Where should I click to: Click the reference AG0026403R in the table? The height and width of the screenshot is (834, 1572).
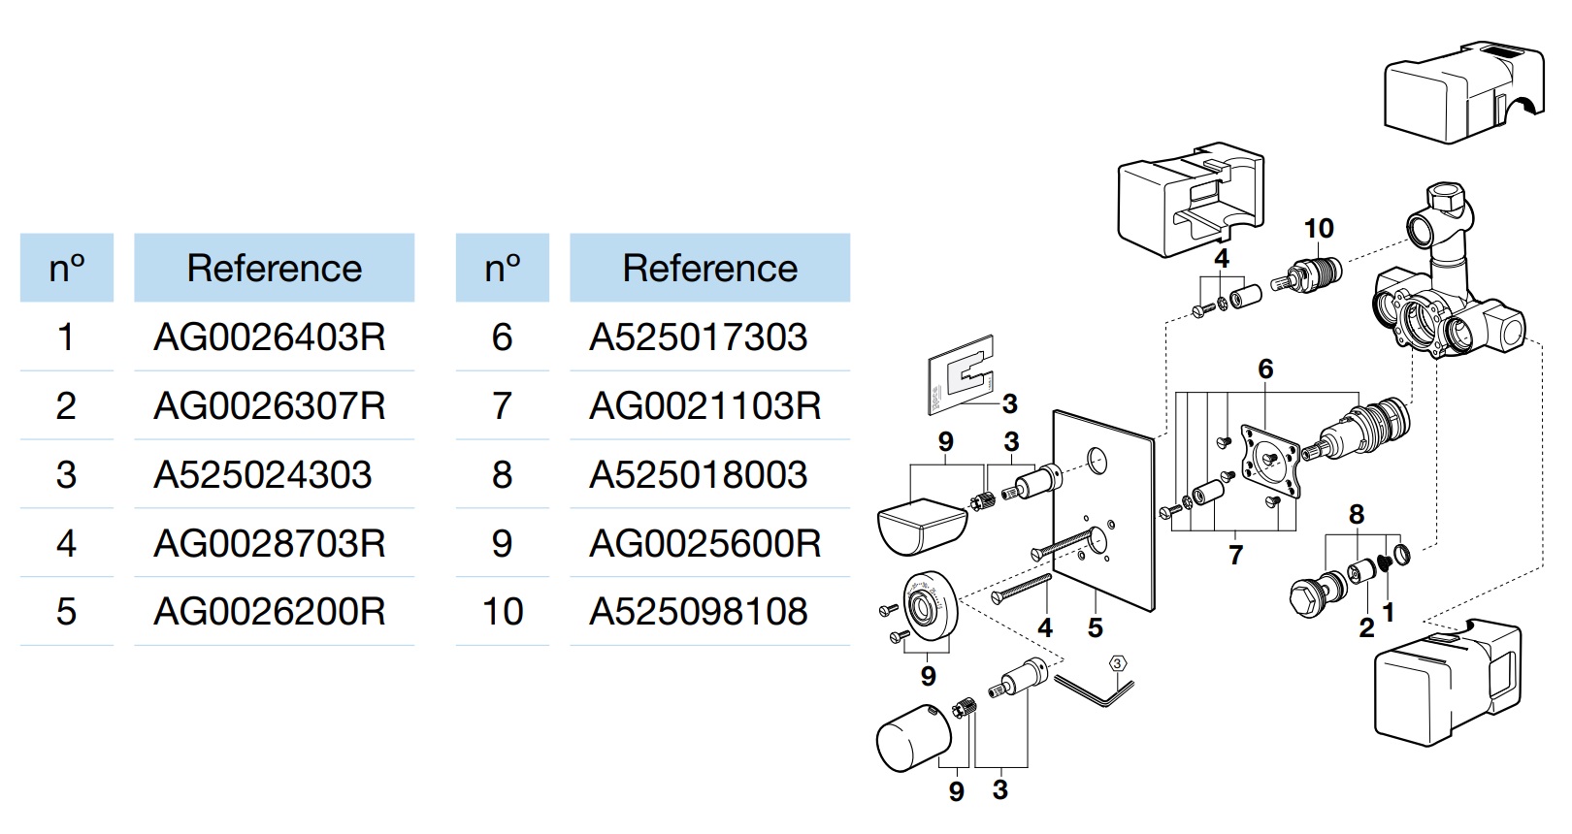click(x=270, y=337)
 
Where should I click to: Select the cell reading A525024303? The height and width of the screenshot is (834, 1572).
click(x=262, y=475)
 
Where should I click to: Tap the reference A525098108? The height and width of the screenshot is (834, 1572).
click(x=699, y=612)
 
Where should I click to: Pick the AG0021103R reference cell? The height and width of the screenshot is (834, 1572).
click(x=704, y=406)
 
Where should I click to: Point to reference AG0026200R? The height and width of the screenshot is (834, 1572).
click(x=270, y=612)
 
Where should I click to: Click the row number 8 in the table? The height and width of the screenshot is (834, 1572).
click(x=502, y=475)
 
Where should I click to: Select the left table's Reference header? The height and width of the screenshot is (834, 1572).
click(x=275, y=268)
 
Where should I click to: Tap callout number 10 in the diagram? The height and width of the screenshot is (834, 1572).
click(x=1319, y=228)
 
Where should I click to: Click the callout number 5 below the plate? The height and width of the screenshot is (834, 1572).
click(x=1095, y=627)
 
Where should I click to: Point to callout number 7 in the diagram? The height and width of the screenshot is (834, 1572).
click(x=1236, y=555)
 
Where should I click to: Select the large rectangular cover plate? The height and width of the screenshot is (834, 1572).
click(x=1104, y=511)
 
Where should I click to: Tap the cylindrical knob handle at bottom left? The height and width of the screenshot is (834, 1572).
click(x=914, y=737)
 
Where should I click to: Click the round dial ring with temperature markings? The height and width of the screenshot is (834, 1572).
click(x=931, y=603)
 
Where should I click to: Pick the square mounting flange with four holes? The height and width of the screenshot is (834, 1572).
click(x=1269, y=460)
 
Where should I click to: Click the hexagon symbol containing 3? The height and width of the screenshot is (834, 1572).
click(x=1118, y=663)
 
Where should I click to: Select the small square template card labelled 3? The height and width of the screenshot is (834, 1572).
click(x=962, y=375)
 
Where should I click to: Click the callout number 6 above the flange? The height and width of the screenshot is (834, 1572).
click(x=1265, y=369)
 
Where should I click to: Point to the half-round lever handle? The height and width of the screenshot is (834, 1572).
click(x=922, y=526)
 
